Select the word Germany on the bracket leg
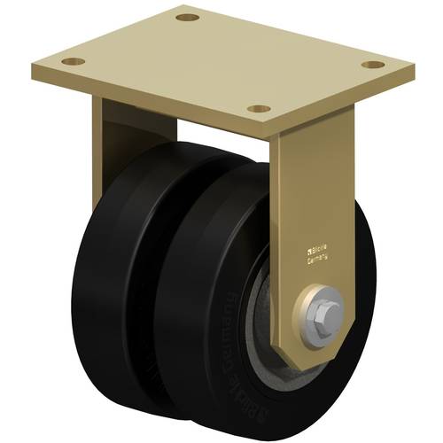[x=317, y=261]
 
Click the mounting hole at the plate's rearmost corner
[x=185, y=17]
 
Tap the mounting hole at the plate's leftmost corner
[x=74, y=62]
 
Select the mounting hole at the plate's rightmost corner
[x=375, y=65]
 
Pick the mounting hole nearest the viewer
[x=259, y=108]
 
